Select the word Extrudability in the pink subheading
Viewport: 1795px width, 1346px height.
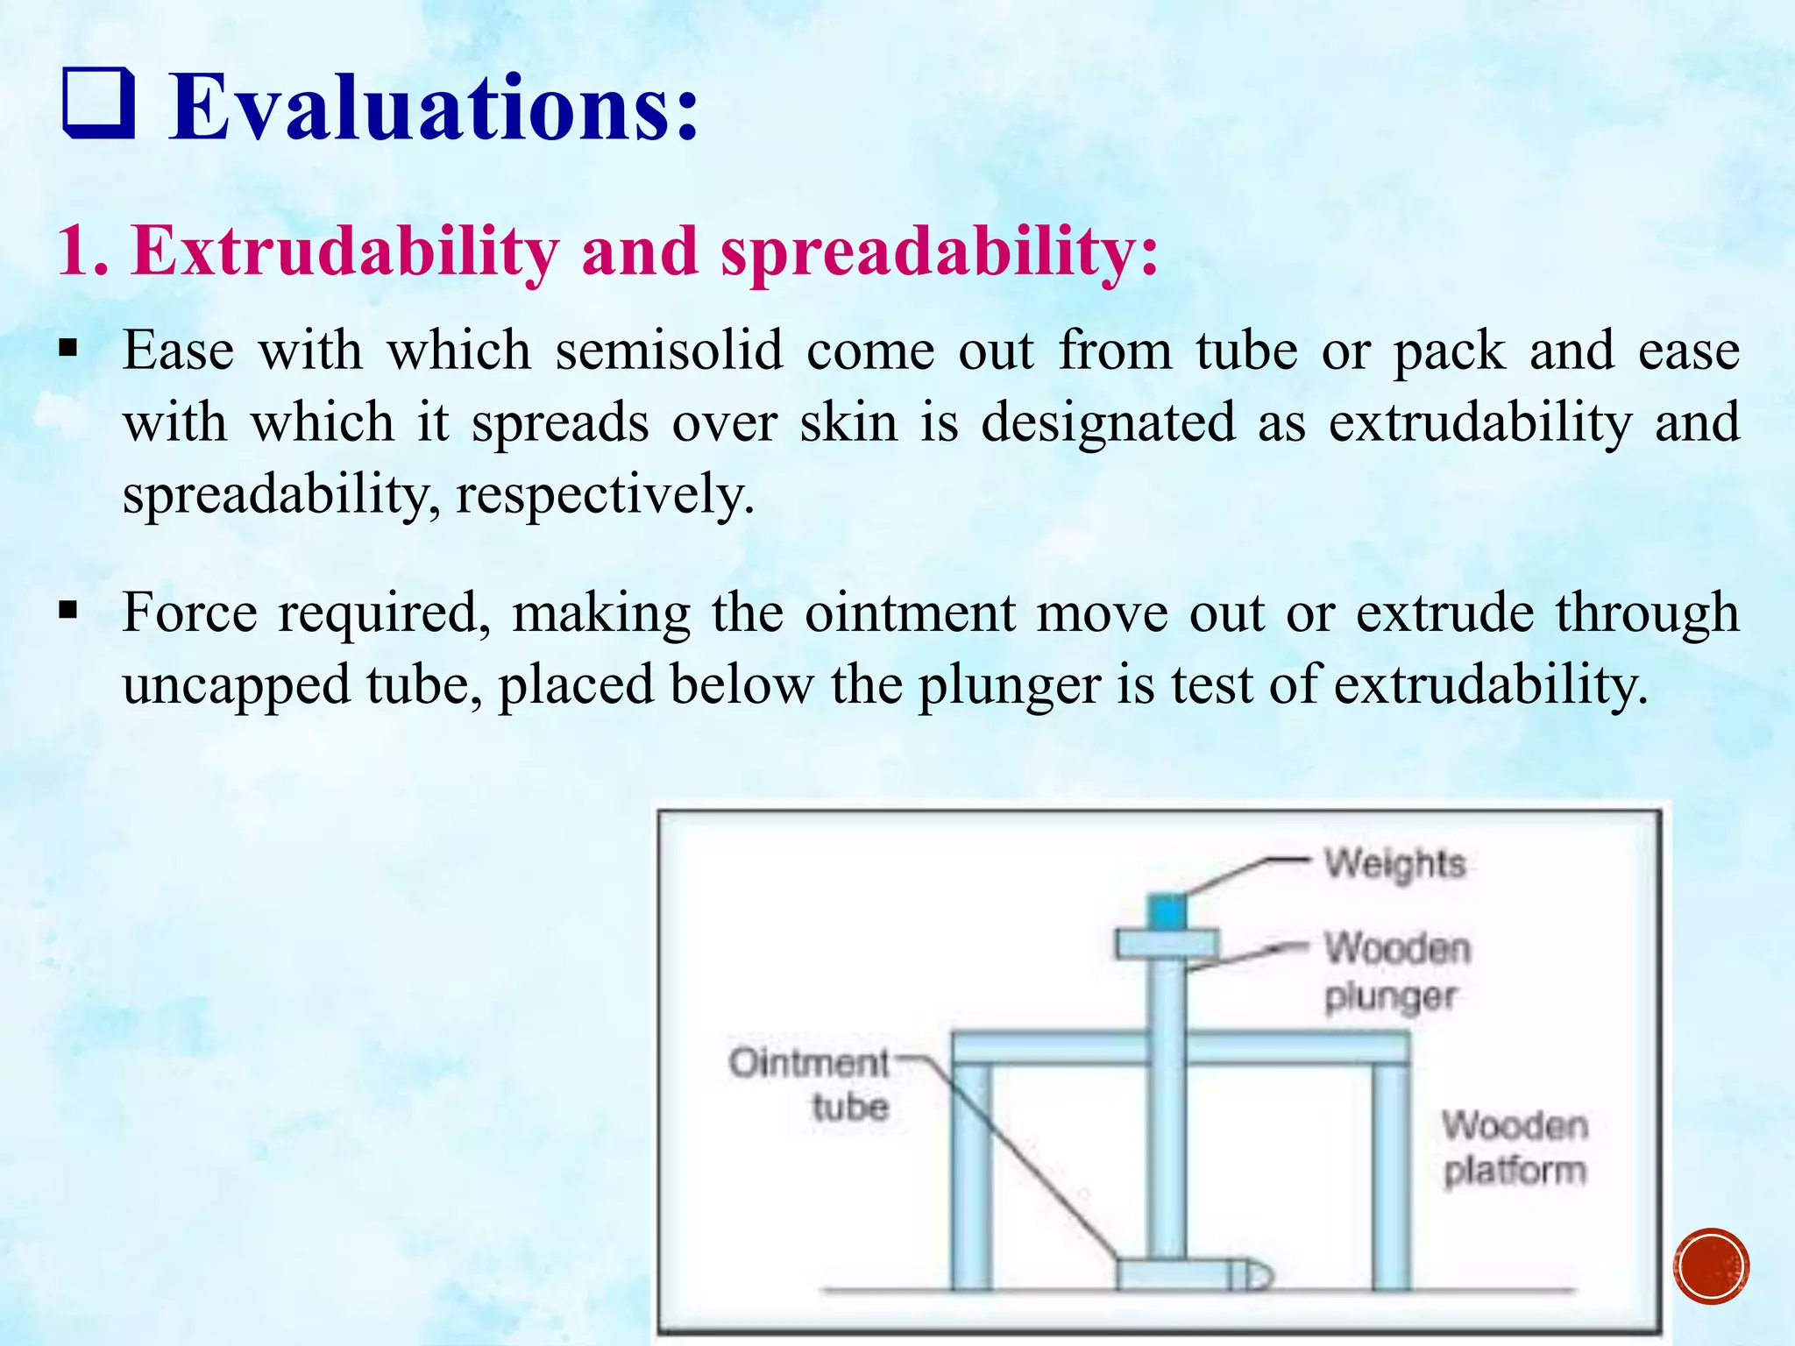pos(344,251)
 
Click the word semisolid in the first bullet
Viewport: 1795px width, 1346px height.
pos(669,351)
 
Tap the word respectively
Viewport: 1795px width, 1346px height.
pos(605,495)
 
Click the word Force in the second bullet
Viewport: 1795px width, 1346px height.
pos(189,613)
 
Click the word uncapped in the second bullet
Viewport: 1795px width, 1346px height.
pos(235,684)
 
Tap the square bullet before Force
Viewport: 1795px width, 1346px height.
pos(68,610)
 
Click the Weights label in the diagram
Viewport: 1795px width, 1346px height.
pos(1394,863)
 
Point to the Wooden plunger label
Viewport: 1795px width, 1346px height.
pos(1395,972)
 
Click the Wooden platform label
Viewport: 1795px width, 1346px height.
pos(1515,1148)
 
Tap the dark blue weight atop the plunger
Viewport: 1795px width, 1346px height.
pos(1167,912)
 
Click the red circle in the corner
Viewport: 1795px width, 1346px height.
pos(1710,1267)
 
